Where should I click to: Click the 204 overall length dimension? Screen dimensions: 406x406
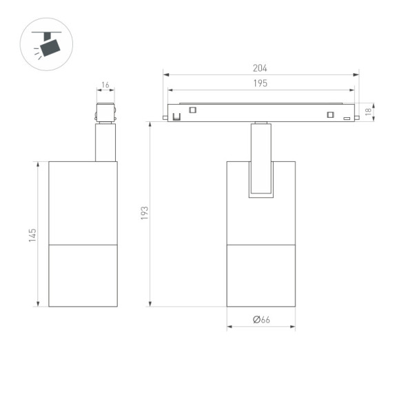pos(260,68)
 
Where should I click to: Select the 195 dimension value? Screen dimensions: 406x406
pos(260,83)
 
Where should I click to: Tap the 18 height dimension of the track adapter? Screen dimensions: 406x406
pos(368,111)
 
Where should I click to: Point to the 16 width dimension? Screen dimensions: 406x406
pos(105,85)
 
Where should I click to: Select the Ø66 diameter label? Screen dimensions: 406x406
pos(261,319)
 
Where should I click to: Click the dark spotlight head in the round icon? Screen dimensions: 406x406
pos(50,47)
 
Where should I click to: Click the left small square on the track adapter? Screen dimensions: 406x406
pos(193,110)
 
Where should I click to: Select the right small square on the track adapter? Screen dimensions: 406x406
pos(330,114)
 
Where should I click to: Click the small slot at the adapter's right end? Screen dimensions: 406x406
pos(347,118)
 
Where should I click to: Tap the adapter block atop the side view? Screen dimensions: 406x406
pos(105,113)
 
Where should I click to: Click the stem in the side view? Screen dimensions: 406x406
pos(105,143)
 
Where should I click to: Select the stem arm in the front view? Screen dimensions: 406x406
pos(261,159)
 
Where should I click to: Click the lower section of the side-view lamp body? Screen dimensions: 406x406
pos(83,275)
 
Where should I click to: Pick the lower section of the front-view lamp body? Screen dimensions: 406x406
pos(261,275)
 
